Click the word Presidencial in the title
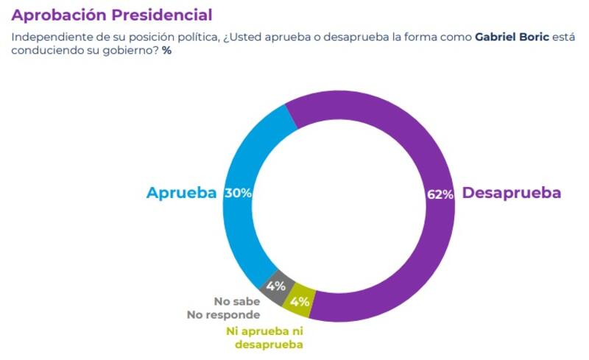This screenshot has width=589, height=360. [163, 14]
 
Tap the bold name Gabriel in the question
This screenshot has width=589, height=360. [498, 36]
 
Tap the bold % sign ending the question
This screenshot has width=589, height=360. [166, 51]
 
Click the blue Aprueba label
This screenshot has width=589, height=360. [181, 193]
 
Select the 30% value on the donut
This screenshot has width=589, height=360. [239, 193]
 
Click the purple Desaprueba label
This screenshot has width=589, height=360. [511, 193]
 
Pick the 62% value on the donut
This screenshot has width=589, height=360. [440, 194]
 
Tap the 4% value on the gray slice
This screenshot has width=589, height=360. [276, 286]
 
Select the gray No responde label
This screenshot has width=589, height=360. [224, 314]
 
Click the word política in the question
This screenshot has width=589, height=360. [199, 36]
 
